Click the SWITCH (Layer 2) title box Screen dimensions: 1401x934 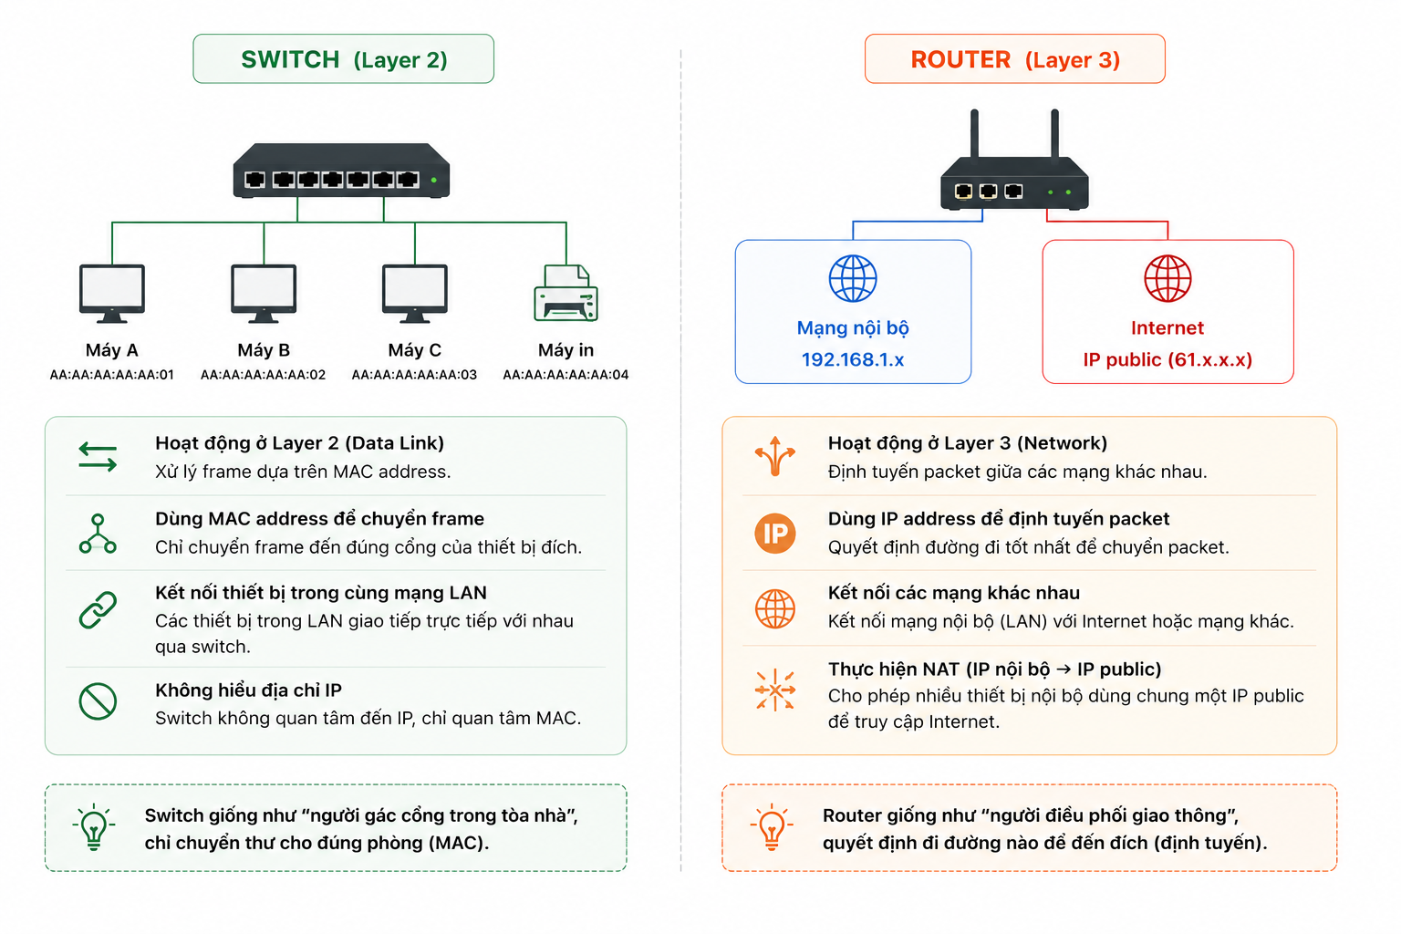(343, 58)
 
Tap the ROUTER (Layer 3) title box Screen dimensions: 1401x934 (1014, 58)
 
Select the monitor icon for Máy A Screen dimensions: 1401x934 (112, 294)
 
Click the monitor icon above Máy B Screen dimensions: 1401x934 (264, 294)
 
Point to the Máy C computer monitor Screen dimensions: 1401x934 (415, 294)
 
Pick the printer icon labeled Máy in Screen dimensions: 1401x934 (566, 293)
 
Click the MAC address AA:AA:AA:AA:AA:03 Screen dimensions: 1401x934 (414, 375)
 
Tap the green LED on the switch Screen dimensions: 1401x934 (433, 181)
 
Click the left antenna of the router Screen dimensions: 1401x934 (974, 134)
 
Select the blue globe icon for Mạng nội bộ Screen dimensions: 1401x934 (853, 278)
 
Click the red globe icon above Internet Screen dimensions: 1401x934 (1167, 278)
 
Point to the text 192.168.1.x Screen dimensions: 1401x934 (853, 359)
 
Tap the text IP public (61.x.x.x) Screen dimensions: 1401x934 (1167, 359)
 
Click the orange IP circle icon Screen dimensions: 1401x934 (775, 533)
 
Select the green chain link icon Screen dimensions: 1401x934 (98, 609)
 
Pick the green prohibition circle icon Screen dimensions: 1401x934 (98, 701)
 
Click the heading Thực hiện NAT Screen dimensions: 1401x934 (894, 669)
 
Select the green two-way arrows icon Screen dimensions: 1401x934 (98, 457)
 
